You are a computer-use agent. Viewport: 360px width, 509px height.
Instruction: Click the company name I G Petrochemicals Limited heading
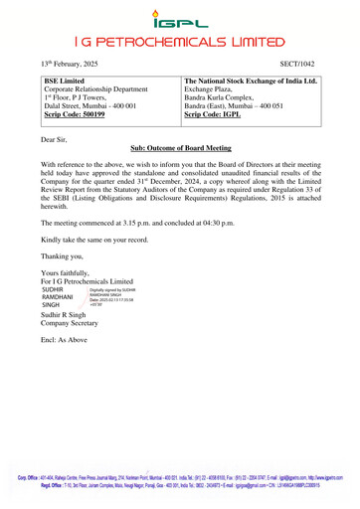(179, 41)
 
